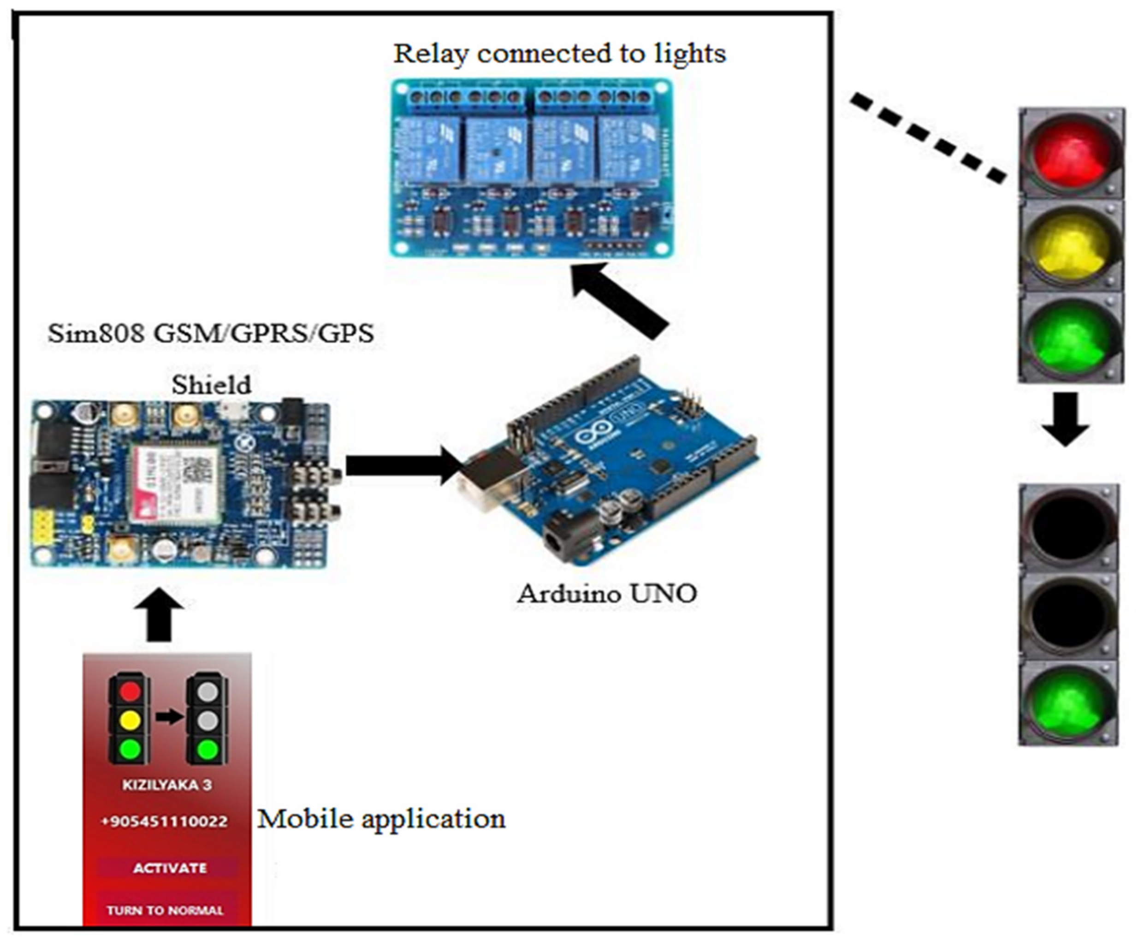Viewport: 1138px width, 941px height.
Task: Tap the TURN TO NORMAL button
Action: pos(165,910)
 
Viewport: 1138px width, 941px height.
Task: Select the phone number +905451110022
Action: pos(164,821)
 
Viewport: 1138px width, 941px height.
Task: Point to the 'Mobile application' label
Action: pos(381,818)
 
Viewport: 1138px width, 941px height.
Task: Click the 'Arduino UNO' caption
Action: pos(607,594)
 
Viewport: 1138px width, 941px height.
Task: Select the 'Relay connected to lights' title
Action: pos(559,53)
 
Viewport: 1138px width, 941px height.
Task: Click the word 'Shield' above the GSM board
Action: pos(211,385)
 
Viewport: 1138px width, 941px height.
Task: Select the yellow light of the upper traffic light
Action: pos(1069,244)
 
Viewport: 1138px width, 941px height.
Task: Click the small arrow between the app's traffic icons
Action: pos(170,717)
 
